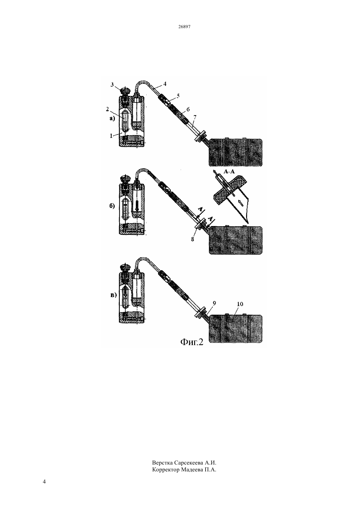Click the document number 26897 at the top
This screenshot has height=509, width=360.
[x=184, y=27]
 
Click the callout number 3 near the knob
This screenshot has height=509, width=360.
[x=112, y=85]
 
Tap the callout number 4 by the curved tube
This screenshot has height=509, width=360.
[x=165, y=84]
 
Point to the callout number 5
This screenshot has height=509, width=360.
[x=178, y=96]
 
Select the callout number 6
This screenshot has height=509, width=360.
[x=188, y=109]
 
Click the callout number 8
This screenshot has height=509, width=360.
[x=192, y=239]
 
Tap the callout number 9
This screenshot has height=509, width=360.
[x=214, y=303]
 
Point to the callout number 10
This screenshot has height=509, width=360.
[x=240, y=304]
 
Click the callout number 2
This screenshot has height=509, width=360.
[x=107, y=109]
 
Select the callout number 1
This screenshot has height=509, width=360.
[x=111, y=136]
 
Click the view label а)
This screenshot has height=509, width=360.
[x=113, y=119]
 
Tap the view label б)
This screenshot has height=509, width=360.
[x=112, y=206]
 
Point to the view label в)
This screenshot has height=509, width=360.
[x=114, y=295]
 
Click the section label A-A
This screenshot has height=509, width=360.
[x=229, y=171]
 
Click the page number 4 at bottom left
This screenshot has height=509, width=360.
[x=44, y=488]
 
